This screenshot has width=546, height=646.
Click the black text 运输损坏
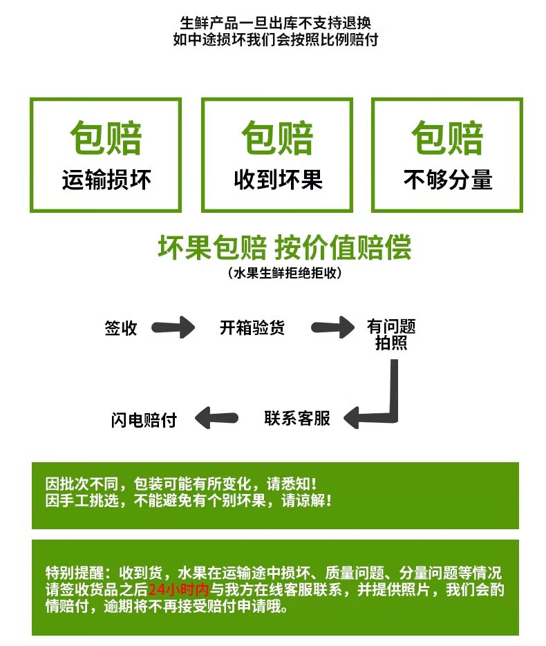[106, 180]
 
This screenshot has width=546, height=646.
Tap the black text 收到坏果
[278, 180]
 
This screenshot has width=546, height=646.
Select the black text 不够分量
[448, 180]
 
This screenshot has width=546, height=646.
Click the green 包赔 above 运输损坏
[106, 138]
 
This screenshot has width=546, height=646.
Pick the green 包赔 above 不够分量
[448, 138]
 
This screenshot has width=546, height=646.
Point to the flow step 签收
[121, 328]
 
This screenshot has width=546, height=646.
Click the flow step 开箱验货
[252, 327]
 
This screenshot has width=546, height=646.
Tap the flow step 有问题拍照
[391, 334]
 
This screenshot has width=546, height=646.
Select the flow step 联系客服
[297, 418]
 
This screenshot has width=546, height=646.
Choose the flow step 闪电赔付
[144, 419]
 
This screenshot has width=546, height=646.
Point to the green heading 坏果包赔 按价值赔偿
[284, 247]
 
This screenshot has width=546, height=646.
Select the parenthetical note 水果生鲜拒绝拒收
[284, 274]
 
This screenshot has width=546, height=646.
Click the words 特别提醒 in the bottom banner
[73, 573]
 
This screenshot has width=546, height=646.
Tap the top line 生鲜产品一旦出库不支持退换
[275, 23]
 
